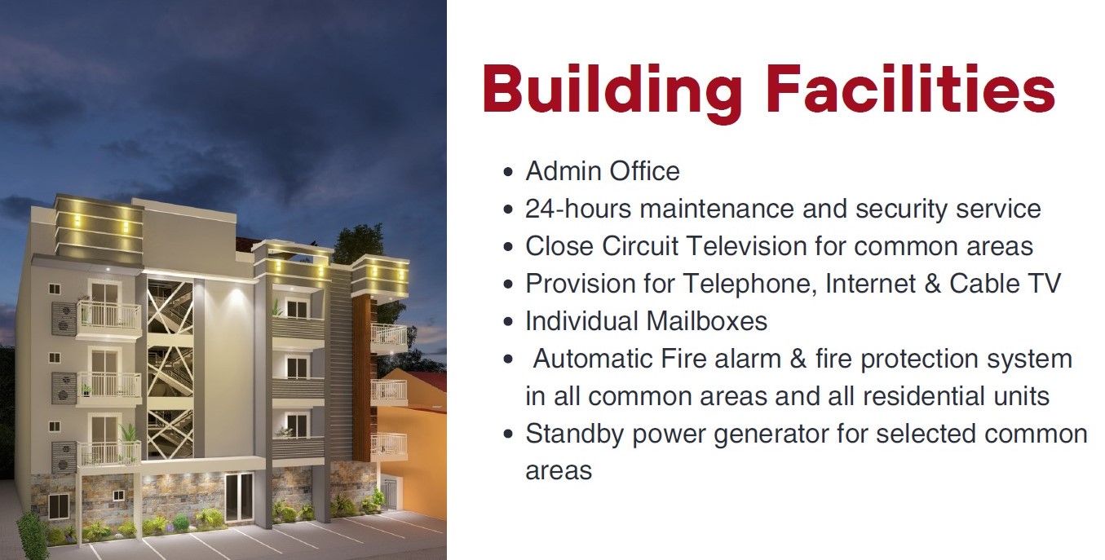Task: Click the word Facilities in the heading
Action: pos(911,89)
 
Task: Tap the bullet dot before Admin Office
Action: pos(508,172)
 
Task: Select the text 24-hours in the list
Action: pos(578,209)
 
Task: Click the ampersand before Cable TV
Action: pos(932,284)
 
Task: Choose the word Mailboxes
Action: pos(706,321)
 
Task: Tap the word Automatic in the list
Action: pos(592,359)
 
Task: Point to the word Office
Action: pos(644,171)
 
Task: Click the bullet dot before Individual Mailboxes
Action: pos(508,322)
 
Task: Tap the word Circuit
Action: pos(640,245)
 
